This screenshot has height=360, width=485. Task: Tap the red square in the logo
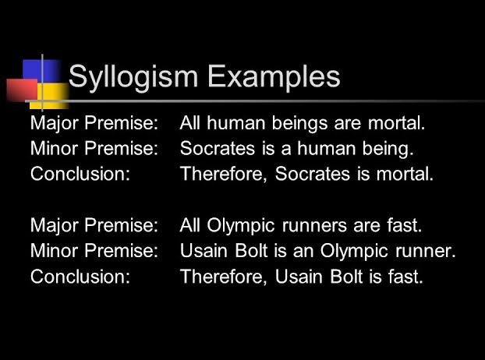(x=21, y=90)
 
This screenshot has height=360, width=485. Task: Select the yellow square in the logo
(x=51, y=95)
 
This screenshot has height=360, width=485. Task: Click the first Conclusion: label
(x=80, y=174)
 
